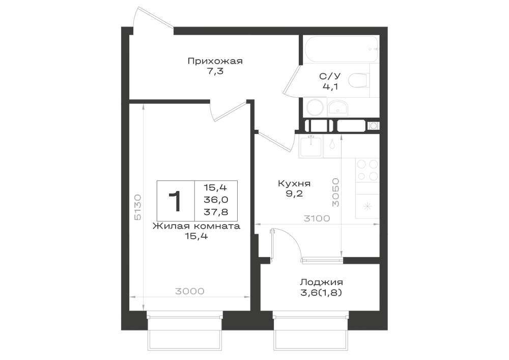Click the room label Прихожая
point(215,61)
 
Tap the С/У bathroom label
point(330,76)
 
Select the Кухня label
point(294,183)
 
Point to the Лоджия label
point(321,282)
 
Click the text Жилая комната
point(196,226)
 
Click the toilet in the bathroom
point(359,80)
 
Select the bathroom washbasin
point(337,108)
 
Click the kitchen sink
point(311,147)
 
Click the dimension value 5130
point(137,207)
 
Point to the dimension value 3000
point(189,291)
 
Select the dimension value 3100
point(317,218)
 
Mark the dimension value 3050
point(335,192)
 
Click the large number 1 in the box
point(175,201)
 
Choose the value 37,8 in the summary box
point(215,212)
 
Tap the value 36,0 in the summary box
point(215,200)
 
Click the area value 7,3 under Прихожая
point(215,71)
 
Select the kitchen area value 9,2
point(294,194)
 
